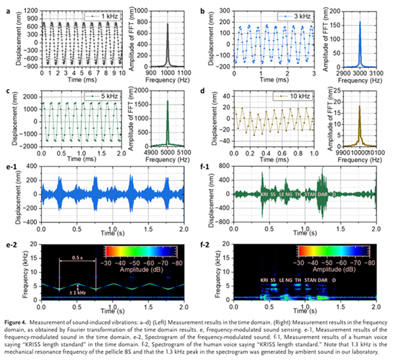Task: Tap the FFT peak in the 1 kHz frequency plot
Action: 167,25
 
